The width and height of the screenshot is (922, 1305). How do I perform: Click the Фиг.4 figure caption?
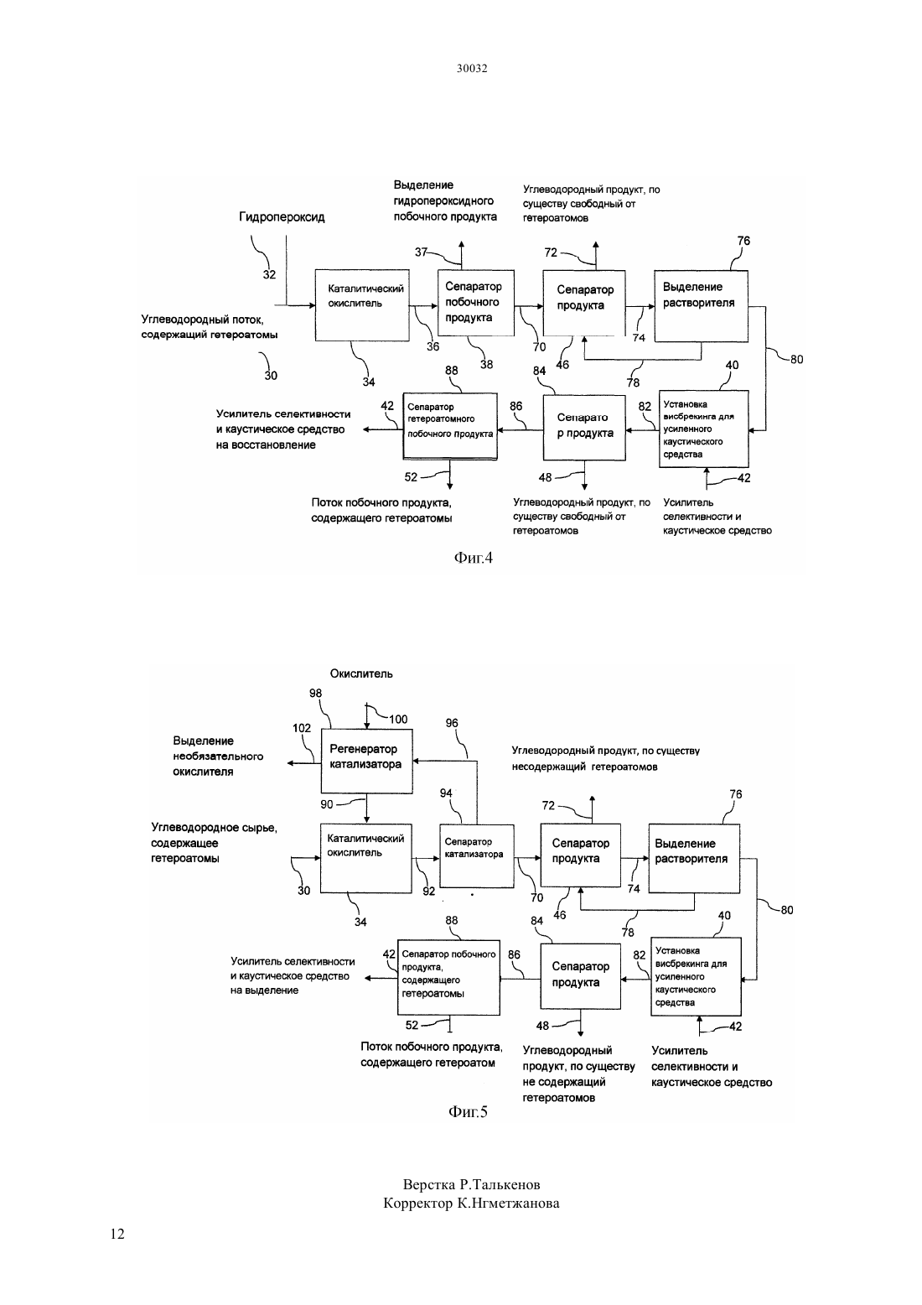(x=473, y=558)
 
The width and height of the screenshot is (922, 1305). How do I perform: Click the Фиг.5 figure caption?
(x=468, y=1111)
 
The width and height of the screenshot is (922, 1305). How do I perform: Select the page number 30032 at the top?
(x=472, y=68)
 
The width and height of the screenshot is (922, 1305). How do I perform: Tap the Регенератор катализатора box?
(x=367, y=761)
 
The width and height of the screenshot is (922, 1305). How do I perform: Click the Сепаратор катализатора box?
(x=476, y=855)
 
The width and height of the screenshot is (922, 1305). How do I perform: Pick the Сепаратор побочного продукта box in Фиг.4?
(x=475, y=303)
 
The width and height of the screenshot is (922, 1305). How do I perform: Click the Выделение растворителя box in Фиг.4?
(x=701, y=306)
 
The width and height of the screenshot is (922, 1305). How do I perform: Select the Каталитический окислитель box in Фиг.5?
(x=366, y=858)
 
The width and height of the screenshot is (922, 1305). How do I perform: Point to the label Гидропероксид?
(x=282, y=217)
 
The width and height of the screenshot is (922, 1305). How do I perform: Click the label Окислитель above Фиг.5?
(x=361, y=673)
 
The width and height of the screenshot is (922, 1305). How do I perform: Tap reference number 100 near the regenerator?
(x=398, y=720)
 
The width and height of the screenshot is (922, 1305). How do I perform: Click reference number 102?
(x=302, y=728)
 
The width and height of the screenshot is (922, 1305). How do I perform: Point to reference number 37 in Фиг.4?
(x=421, y=252)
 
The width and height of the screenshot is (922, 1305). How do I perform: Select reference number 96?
(x=452, y=723)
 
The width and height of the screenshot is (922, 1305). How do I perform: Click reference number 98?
(x=315, y=694)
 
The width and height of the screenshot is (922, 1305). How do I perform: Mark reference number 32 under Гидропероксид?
(x=269, y=274)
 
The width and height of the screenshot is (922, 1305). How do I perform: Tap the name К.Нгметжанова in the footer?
(x=508, y=1204)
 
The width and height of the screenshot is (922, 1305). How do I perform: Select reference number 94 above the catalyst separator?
(x=446, y=793)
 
